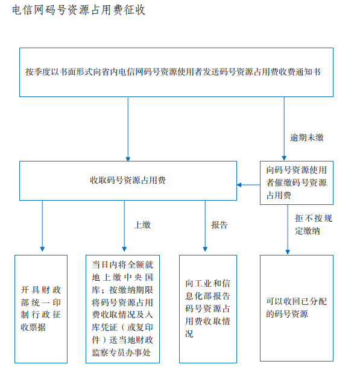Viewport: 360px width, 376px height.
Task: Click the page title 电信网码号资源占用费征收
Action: (79, 10)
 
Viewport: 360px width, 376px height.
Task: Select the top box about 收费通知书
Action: (177, 72)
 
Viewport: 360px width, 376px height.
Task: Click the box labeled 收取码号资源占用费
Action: (128, 181)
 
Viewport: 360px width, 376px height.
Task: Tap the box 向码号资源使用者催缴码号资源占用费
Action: (297, 183)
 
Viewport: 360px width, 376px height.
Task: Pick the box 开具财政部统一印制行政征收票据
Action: (41, 309)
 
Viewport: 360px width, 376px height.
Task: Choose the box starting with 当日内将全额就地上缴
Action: (122, 309)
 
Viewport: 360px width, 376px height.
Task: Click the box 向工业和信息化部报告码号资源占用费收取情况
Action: (208, 309)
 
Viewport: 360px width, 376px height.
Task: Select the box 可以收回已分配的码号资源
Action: (297, 308)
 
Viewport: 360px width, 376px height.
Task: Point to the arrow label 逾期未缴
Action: (307, 137)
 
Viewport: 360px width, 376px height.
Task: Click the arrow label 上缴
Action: (142, 225)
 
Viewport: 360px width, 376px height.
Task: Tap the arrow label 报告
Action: (219, 225)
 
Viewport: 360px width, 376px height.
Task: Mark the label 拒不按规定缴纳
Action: (314, 225)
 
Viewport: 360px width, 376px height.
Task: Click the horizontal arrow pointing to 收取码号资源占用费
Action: (248, 185)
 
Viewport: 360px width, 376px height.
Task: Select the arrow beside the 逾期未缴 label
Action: (284, 129)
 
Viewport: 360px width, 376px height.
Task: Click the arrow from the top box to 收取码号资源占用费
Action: (128, 129)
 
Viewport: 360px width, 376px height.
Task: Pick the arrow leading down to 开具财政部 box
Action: (42, 226)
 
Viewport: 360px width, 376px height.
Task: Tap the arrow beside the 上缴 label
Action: (124, 226)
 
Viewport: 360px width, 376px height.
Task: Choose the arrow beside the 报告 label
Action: (205, 226)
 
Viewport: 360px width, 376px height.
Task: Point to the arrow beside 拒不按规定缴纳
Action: (288, 230)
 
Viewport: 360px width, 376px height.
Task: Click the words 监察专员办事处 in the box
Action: (121, 352)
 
